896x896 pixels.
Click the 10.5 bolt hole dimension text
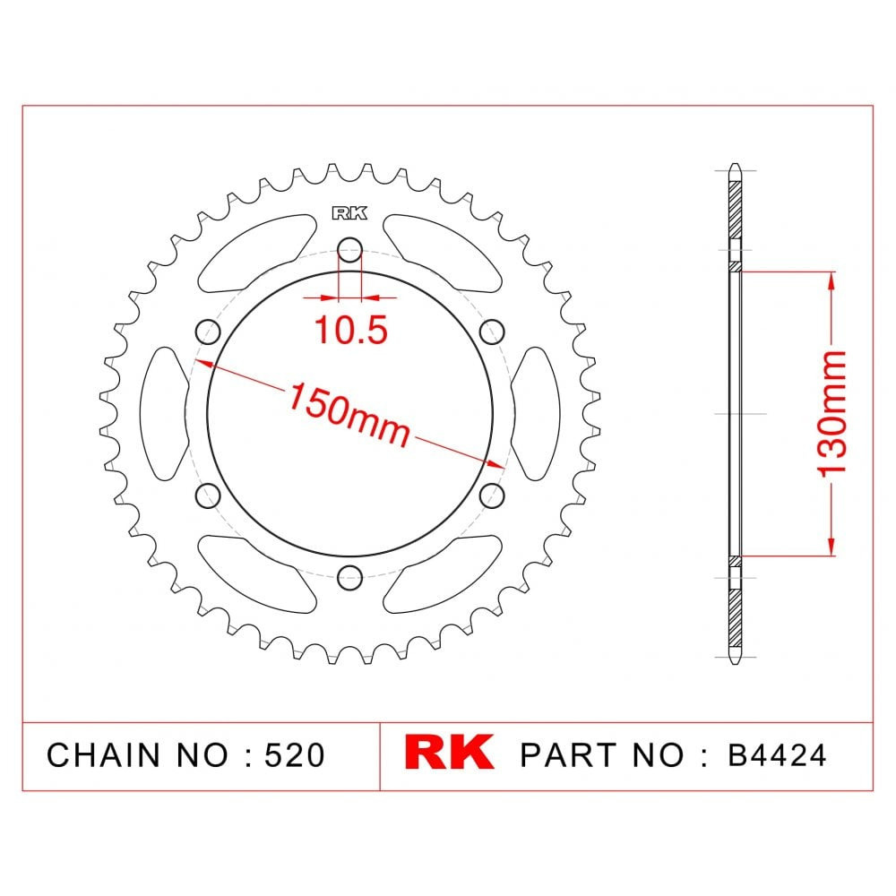tap(351, 330)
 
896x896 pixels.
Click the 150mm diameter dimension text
tap(349, 414)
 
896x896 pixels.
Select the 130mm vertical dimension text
tap(831, 413)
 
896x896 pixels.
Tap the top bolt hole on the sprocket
tap(349, 249)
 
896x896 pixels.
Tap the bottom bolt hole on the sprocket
tap(349, 577)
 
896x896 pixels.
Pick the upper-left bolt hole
tap(208, 332)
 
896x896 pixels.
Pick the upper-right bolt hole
tap(491, 332)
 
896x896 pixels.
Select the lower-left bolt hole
tap(208, 495)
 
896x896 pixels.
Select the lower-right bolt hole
tap(491, 495)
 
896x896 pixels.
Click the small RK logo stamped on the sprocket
tap(349, 213)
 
